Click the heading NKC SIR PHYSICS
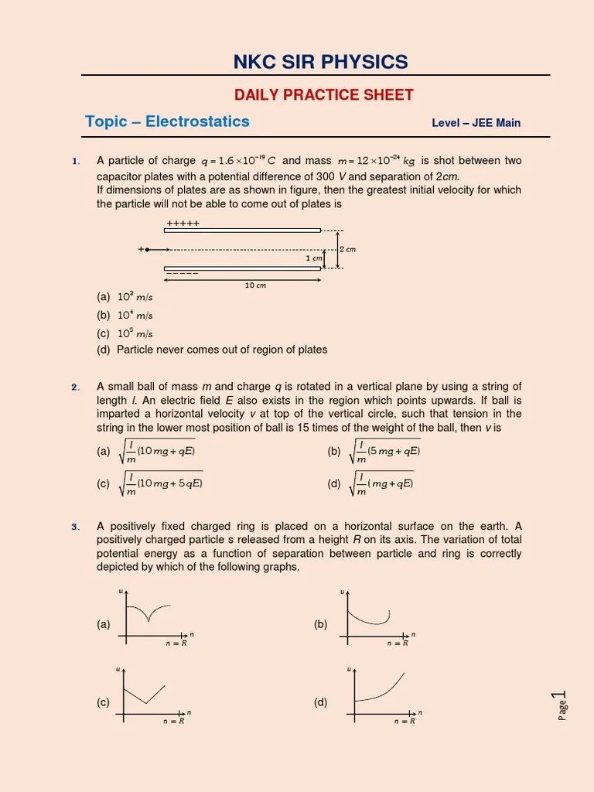[320, 62]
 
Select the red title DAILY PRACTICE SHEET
[323, 95]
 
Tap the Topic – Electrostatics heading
[167, 121]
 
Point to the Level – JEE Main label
[476, 123]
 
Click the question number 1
[76, 162]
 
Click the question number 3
[76, 527]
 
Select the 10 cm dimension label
[255, 285]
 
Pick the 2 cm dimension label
[347, 249]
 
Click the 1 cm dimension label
[313, 258]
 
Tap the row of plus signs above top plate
[183, 224]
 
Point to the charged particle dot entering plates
[147, 250]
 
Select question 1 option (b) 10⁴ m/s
[125, 316]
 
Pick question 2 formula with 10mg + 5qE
[162, 484]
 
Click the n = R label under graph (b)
[397, 643]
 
